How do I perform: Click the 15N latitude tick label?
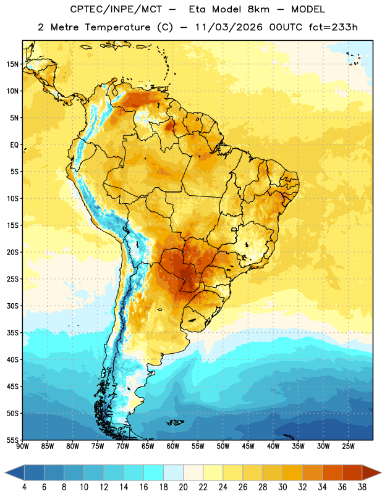point(12,64)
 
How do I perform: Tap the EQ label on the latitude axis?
point(14,145)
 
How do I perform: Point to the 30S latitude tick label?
point(12,306)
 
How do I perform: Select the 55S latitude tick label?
point(12,440)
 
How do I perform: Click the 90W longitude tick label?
point(23,446)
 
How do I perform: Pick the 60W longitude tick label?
point(173,446)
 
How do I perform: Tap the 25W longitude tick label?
point(348,446)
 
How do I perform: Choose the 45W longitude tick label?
point(248,446)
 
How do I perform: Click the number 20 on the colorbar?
point(183,487)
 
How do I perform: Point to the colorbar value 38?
point(362,487)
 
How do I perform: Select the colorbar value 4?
point(24,487)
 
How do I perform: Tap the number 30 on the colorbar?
point(282,487)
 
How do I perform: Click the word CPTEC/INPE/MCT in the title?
point(116,9)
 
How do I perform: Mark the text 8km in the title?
point(258,9)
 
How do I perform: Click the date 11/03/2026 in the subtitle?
point(229,27)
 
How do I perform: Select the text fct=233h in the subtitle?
point(333,27)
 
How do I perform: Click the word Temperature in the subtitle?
point(117,27)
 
